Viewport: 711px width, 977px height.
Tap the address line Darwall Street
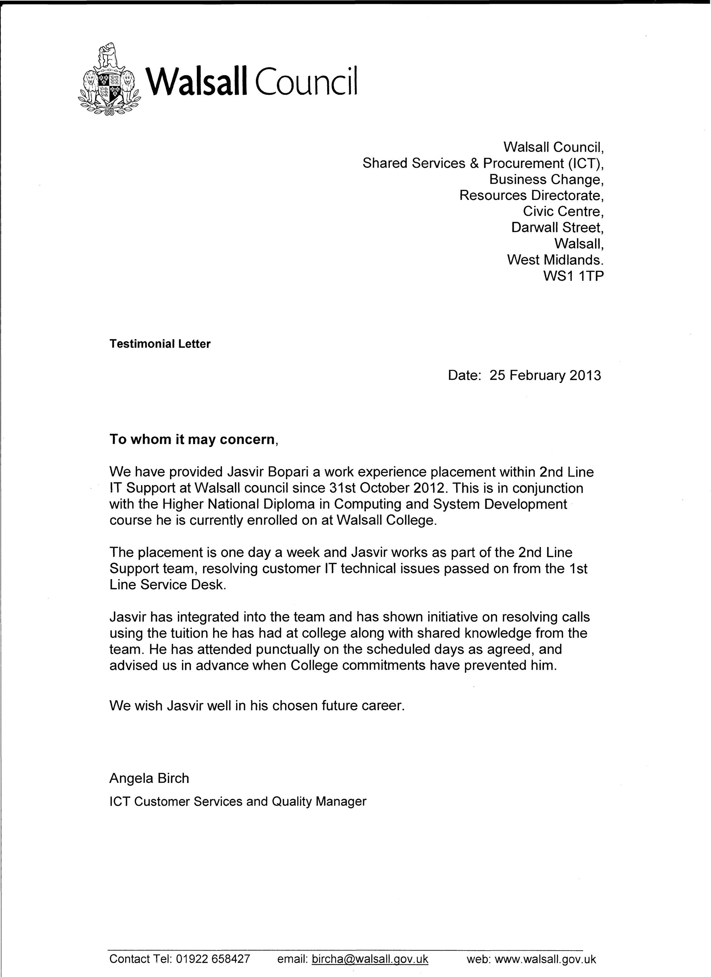pyautogui.click(x=557, y=227)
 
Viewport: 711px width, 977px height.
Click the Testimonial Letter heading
pyautogui.click(x=160, y=344)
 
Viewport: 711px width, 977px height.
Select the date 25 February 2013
pyautogui.click(x=545, y=376)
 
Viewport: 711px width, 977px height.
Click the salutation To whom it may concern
pyautogui.click(x=193, y=440)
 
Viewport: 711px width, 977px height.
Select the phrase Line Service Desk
pyautogui.click(x=168, y=585)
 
